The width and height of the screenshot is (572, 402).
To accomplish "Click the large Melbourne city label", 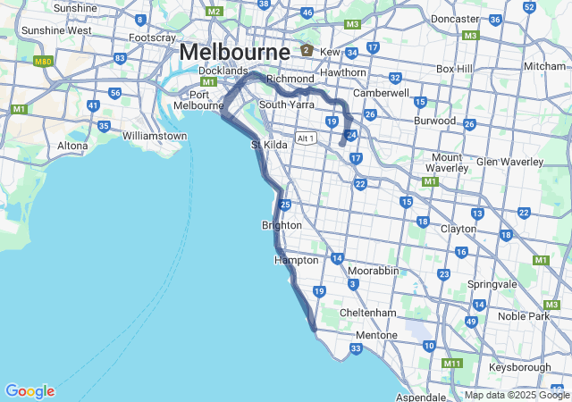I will tap(234, 52).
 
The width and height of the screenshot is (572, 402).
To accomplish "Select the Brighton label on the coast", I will tap(281, 225).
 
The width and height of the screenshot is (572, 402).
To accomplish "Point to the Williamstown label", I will tap(155, 136).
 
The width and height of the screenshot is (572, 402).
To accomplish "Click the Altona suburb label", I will tap(72, 145).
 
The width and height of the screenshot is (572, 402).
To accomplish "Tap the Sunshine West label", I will tap(55, 29).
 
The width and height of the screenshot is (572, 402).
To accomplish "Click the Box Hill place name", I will tap(458, 69).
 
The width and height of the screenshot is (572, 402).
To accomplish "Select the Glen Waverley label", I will tap(509, 162).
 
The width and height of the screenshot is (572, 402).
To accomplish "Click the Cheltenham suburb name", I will tap(367, 313).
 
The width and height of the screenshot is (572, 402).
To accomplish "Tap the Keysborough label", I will tap(521, 367).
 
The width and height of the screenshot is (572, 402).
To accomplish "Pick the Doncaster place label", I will tap(455, 18).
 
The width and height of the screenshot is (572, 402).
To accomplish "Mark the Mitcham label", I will tap(544, 66).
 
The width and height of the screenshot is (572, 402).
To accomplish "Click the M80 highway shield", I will tap(42, 62).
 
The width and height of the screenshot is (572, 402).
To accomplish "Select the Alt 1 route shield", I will tap(307, 138).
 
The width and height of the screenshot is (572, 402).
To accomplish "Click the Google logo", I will tap(29, 391).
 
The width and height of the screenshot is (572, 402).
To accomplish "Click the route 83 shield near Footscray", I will tap(120, 58).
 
